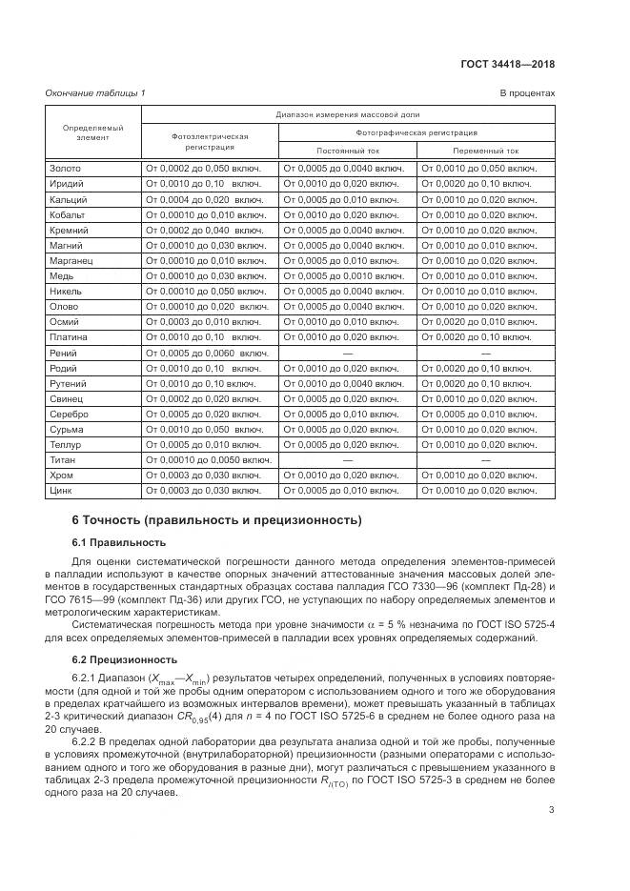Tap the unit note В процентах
(527, 92)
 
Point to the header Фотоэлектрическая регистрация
(210, 142)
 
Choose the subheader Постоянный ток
(346, 151)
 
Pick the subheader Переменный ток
(487, 151)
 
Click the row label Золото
(66, 169)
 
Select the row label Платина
(69, 337)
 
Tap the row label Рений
(64, 353)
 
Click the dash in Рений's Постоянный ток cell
(346, 353)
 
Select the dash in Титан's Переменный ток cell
(487, 459)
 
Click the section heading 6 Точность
(217, 520)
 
